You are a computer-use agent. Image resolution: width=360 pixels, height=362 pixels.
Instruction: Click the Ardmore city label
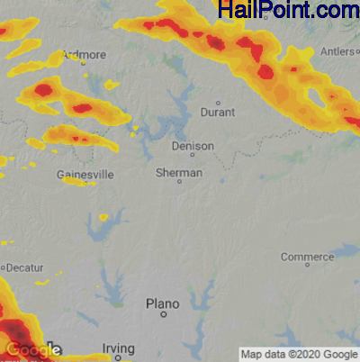[x=85, y=55]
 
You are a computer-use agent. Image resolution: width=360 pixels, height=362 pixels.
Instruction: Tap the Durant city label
[x=220, y=113]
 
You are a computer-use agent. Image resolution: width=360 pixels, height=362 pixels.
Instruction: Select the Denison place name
[x=193, y=145]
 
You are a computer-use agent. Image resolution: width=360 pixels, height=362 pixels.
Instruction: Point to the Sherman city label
[x=178, y=172]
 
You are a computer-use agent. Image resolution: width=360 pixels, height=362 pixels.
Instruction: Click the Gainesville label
[x=84, y=174]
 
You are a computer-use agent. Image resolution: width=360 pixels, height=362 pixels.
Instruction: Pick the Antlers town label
[x=337, y=52]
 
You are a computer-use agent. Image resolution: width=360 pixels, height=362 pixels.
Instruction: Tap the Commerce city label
[x=307, y=257]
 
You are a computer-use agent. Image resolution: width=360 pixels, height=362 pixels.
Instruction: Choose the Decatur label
[x=27, y=267]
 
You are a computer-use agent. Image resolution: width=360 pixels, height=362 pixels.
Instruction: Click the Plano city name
[x=163, y=304]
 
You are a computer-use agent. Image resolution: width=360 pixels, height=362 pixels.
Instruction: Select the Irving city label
[x=118, y=348]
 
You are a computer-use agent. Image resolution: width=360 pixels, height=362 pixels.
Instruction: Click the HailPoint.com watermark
[x=288, y=11]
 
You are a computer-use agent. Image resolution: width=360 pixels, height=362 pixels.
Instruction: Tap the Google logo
[x=31, y=349]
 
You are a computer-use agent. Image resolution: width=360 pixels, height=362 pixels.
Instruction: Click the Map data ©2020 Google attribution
[x=299, y=354]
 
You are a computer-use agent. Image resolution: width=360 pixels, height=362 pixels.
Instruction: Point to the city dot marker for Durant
[x=217, y=102]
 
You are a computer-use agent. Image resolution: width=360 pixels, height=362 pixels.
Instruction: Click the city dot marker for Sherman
[x=178, y=182]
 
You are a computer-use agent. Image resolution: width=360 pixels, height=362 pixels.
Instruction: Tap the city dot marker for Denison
[x=192, y=155]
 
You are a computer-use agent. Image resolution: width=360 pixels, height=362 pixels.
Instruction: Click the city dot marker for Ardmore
[x=84, y=65]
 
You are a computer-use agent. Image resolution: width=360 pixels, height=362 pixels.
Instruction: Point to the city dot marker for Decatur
[x=4, y=268]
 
